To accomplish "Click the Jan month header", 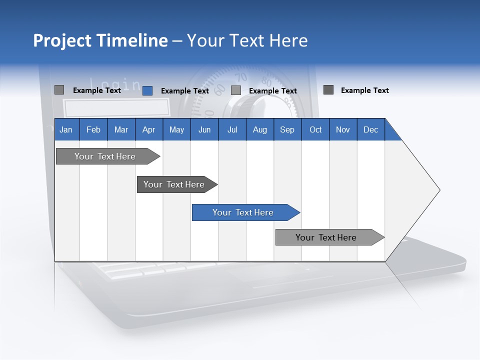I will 66,129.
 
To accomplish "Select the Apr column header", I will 148,129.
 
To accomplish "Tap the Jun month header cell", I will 204,129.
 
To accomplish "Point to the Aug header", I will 259,129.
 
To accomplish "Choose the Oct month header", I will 315,129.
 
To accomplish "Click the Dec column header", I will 370,129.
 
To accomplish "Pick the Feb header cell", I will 93,129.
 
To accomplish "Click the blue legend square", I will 147,90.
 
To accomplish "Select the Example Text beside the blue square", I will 184,91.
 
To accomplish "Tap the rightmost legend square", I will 328,90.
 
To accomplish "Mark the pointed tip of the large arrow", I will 439,190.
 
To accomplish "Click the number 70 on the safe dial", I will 241,77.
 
